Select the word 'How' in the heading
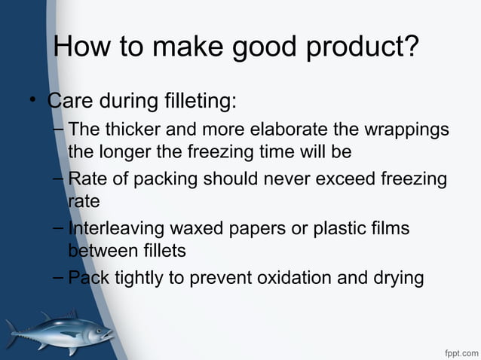pos(82,48)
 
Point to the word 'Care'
pos(72,100)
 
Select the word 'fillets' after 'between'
pos(160,250)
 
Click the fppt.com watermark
pos(460,351)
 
